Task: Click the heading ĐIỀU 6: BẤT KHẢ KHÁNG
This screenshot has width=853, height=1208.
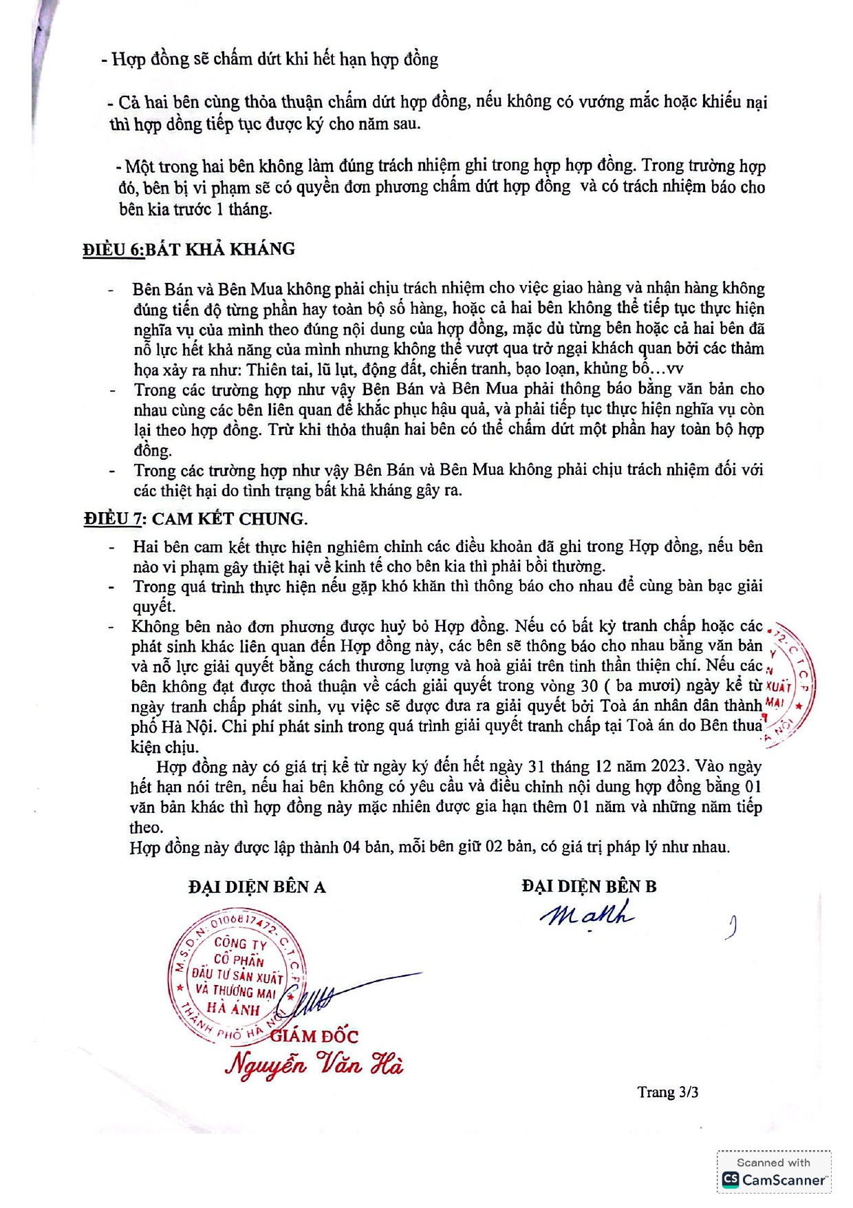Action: (x=188, y=249)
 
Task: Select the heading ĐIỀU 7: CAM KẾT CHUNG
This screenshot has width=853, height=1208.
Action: (x=195, y=519)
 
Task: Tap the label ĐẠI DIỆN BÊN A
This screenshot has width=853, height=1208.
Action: (x=257, y=887)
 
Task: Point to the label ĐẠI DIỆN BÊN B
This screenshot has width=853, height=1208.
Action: (x=589, y=887)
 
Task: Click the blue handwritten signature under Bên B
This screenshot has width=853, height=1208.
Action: (x=587, y=914)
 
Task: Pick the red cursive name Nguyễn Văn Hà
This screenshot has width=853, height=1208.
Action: (x=314, y=1065)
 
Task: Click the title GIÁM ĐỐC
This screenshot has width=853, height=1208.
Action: (x=314, y=1036)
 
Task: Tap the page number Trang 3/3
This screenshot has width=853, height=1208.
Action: (x=667, y=1092)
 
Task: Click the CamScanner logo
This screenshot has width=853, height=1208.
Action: (x=773, y=1179)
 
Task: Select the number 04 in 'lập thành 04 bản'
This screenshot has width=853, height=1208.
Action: (x=352, y=847)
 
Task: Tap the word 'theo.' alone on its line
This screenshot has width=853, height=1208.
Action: (x=146, y=827)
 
